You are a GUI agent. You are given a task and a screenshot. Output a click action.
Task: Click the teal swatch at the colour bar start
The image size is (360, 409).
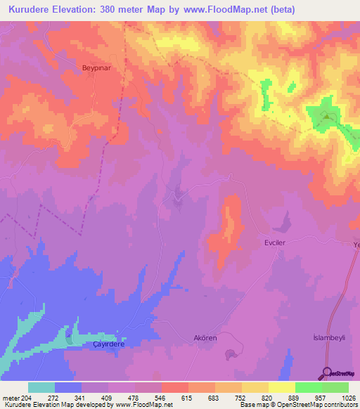click(x=41, y=387)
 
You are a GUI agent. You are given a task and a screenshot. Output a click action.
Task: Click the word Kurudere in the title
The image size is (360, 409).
click(x=32, y=9)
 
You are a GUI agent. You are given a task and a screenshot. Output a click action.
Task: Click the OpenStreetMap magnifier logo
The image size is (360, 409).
click(x=327, y=373)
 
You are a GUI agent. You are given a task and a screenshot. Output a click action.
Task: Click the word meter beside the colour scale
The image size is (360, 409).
click(x=11, y=398)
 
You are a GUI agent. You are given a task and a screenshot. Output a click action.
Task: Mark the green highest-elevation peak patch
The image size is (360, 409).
click(x=326, y=116)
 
